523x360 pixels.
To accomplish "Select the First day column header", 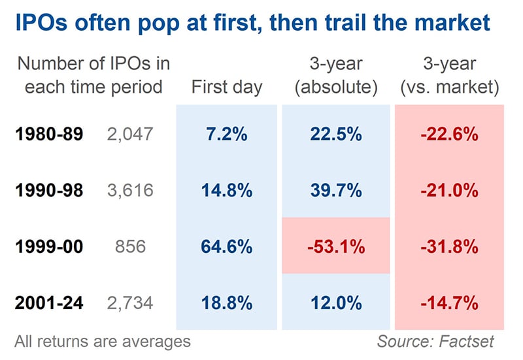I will pos(227,87).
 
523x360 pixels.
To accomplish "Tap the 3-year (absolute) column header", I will pos(336,76).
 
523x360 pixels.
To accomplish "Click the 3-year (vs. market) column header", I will pos(450,76).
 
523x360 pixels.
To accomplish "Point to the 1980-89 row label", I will pos(49,135).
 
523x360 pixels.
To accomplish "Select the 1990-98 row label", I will pos(49,191).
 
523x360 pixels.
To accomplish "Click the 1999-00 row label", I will pos(49,247).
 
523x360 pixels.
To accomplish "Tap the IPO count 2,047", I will pos(129,135).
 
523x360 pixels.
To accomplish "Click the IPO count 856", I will pos(129,247).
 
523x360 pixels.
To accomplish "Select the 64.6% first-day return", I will pos(227,247).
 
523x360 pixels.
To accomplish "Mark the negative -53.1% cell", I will pos(336,247).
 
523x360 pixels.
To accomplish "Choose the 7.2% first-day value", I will pos(227,135).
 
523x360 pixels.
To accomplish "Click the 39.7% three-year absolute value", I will pos(336,191).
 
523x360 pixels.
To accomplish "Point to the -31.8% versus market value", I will pos(450,247).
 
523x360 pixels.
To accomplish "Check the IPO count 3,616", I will pos(129,191).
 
